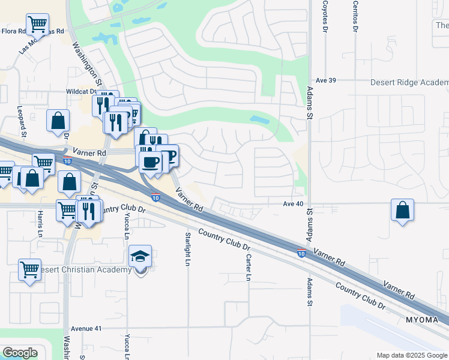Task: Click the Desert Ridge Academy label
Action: [x=409, y=83]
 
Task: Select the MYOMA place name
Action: [x=423, y=319]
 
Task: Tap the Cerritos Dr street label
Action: [x=355, y=17]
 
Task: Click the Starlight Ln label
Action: [x=188, y=248]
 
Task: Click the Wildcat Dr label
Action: [x=81, y=92]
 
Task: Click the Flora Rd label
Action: [x=14, y=31]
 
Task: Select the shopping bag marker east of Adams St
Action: [x=402, y=211]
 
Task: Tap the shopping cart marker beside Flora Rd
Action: [x=38, y=25]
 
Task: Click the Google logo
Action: [x=20, y=353]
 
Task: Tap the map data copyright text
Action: [x=412, y=355]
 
